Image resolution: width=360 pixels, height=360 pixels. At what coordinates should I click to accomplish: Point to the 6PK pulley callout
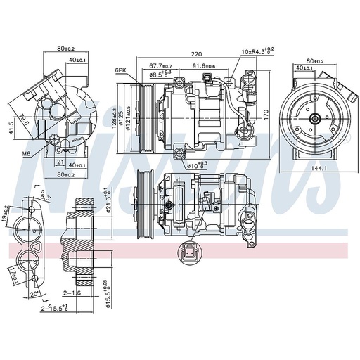click(x=121, y=70)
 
